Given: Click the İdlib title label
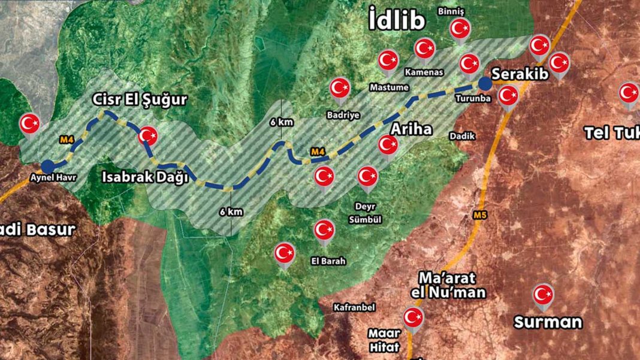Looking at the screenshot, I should (x=397, y=22).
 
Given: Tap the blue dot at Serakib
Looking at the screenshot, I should (x=484, y=83).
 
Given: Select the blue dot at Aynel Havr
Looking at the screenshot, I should (x=48, y=166).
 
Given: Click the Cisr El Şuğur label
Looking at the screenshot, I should (x=139, y=99).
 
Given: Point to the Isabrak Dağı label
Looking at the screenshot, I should (x=146, y=177).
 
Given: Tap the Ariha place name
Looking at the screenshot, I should (x=411, y=129).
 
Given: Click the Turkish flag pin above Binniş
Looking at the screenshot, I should (x=460, y=28).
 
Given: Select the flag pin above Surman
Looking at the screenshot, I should (x=543, y=294).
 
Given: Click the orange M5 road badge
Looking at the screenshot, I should (x=479, y=215).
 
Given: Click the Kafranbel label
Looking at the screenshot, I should (x=354, y=307).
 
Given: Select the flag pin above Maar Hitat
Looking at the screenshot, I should (x=413, y=317).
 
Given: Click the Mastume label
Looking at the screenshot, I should (x=389, y=87).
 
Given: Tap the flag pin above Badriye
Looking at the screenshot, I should (x=340, y=89).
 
